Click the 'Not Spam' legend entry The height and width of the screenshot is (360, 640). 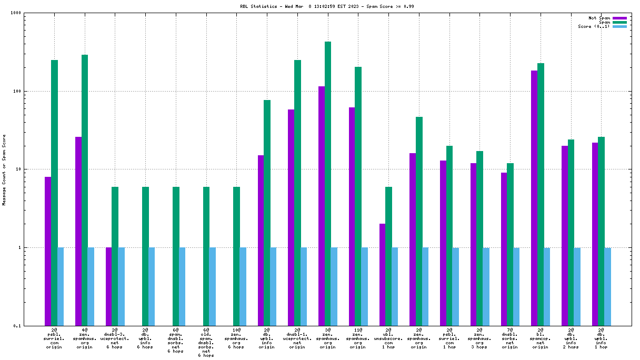[600, 18]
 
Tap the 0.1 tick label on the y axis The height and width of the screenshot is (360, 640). [17, 326]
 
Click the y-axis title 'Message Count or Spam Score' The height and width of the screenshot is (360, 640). [4, 169]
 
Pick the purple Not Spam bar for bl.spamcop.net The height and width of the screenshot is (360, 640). [534, 198]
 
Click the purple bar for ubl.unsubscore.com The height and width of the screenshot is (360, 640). [382, 274]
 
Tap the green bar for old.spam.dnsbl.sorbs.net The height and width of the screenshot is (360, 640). [206, 256]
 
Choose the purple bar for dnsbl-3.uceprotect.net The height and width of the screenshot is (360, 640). [109, 286]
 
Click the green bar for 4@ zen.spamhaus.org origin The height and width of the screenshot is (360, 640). [85, 189]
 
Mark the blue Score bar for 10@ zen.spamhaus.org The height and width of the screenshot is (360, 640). [243, 286]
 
